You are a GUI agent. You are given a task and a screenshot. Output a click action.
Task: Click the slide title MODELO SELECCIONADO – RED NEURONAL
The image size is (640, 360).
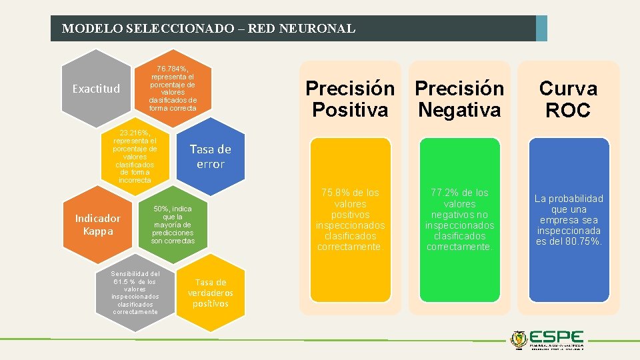pos(208,29)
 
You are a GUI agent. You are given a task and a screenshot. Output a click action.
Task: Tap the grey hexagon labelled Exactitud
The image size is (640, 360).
pos(96,89)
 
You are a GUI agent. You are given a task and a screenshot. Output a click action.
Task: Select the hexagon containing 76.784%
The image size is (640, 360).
pos(173,88)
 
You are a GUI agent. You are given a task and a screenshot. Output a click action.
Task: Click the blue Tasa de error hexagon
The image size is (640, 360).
pos(210,157)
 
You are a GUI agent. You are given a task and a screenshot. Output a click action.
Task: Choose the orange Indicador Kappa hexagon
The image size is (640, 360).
pos(97,225)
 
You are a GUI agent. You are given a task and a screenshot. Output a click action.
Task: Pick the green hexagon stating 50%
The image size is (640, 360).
pos(173,225)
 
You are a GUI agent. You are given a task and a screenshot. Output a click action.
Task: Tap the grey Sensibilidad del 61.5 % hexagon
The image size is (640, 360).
pos(135,293)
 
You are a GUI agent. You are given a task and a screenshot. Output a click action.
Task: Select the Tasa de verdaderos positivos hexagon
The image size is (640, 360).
pos(210,293)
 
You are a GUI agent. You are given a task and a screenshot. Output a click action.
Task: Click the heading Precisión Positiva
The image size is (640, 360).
pos(350,99)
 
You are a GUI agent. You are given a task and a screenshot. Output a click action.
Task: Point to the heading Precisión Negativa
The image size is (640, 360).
pos(459,99)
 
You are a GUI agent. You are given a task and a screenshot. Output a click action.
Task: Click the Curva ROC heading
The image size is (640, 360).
pos(569,99)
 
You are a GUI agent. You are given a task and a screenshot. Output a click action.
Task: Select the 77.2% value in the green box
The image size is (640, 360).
pos(439,193)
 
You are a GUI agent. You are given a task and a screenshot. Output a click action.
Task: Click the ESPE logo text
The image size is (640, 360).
pos(559,339)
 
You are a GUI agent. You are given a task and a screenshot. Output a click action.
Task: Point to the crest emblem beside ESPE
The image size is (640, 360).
pos(519,339)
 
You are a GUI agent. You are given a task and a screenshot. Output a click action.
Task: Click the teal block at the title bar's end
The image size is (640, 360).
pos(541,29)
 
